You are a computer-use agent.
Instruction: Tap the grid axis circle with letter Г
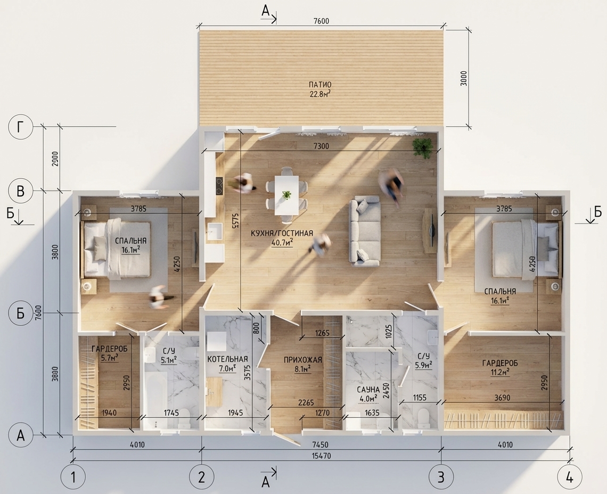pos(20,127)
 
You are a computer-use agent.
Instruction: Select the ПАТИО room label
pos(320,85)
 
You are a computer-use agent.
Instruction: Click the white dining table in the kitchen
pos(287,195)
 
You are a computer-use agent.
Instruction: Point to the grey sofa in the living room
pos(365,232)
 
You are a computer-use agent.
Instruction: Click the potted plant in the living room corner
pos(422,147)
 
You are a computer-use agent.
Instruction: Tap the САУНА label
pos(367,390)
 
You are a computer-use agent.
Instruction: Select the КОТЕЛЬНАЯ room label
pos(227,359)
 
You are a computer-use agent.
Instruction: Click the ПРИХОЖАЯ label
pos(303,360)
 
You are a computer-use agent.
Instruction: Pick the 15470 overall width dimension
pos(321,456)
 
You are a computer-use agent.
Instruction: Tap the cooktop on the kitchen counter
pos(219,186)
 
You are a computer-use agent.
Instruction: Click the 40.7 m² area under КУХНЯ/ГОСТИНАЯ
pos(282,242)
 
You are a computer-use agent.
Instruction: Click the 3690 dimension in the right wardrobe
pos(502,398)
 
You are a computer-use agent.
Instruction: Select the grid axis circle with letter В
pos(20,191)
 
